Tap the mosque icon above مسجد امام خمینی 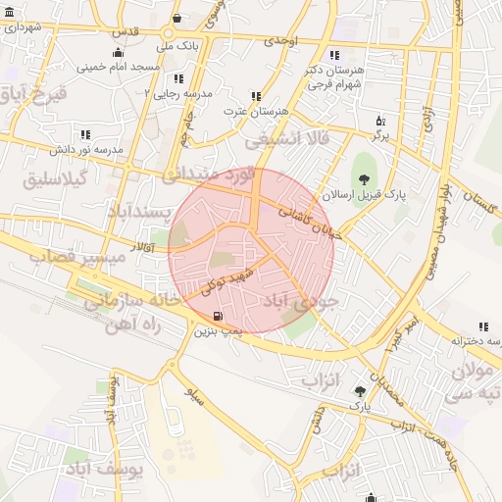pyautogui.click(x=119, y=53)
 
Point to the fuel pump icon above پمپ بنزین pyautogui.click(x=217, y=316)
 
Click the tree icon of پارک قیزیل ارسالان pyautogui.click(x=364, y=179)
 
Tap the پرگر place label pyautogui.click(x=379, y=136)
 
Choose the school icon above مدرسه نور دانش pyautogui.click(x=85, y=134)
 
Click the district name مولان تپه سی pyautogui.click(x=473, y=381)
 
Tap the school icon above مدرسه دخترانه pyautogui.click(x=482, y=326)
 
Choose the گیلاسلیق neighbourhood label pyautogui.click(x=55, y=179)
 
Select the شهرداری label pyautogui.click(x=22, y=27)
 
